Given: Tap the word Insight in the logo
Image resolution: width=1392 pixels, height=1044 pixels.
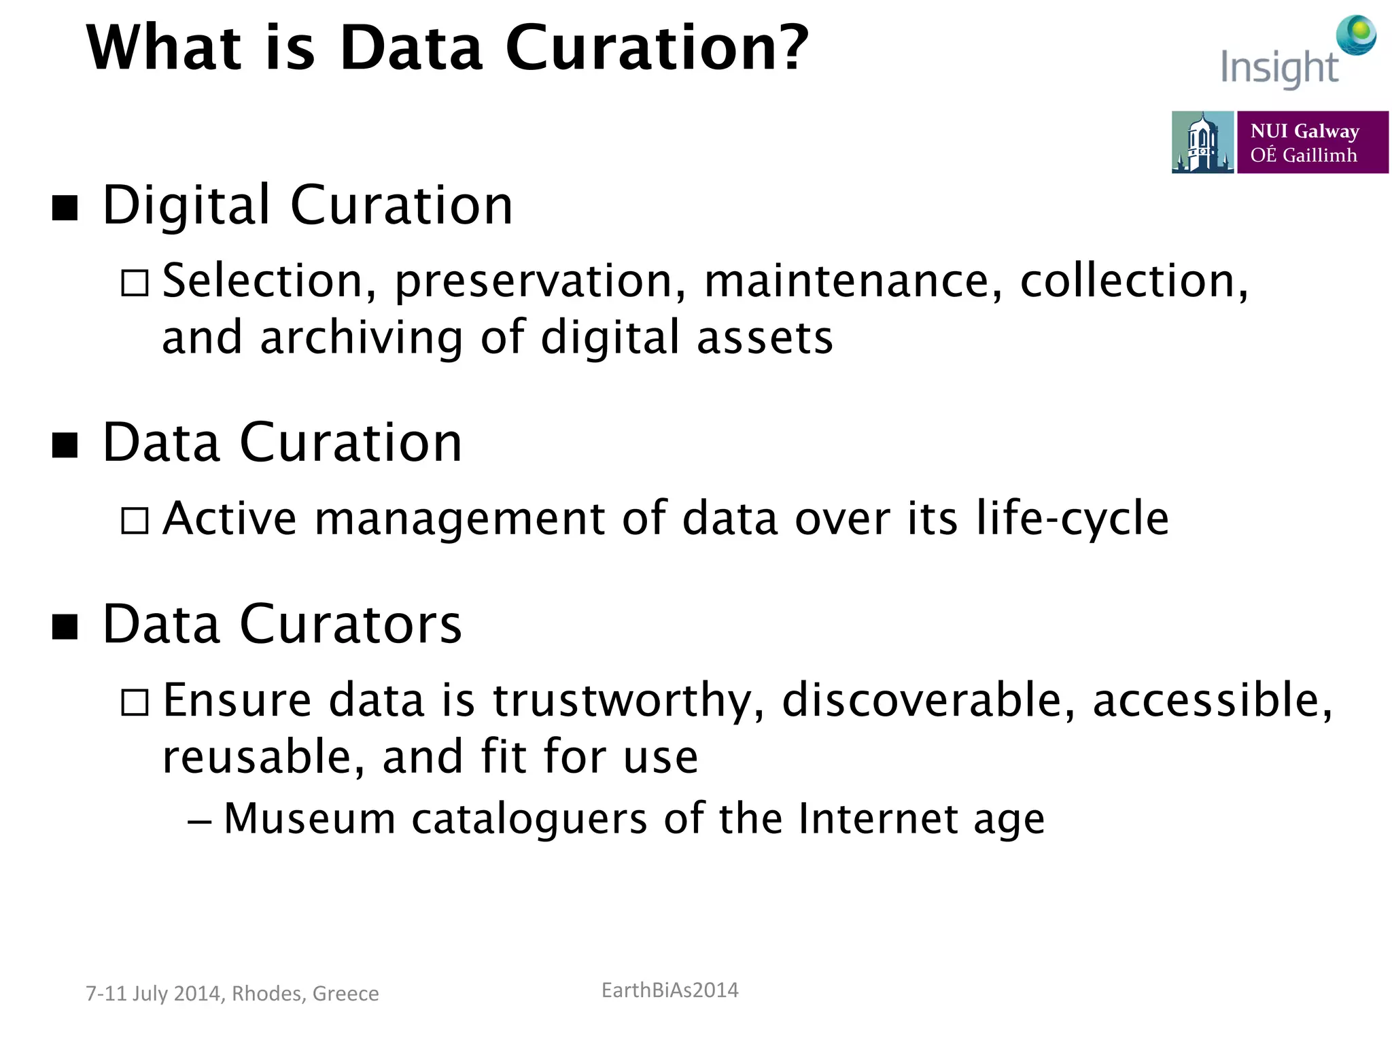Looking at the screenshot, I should tap(1278, 69).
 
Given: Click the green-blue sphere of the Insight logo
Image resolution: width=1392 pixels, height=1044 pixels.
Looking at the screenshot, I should tap(1356, 35).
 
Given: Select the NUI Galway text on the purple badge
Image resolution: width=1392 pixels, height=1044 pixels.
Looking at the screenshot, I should tap(1304, 130).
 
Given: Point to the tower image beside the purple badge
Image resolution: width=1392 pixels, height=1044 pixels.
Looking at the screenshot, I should tap(1202, 142).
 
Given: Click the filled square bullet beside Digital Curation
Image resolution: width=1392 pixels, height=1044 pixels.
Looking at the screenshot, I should tap(65, 207).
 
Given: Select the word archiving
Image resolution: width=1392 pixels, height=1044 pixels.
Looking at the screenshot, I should tap(361, 338).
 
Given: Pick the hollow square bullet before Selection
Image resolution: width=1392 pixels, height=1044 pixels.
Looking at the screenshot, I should tap(135, 282).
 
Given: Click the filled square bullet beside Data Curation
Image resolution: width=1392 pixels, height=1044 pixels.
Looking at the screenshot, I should tap(65, 445).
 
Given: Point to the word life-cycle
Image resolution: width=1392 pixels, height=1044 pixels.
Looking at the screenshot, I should tap(1072, 519).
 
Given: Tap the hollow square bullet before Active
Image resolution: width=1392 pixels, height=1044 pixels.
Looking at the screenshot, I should tap(135, 521).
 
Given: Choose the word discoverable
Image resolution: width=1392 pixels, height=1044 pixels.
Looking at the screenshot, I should tap(928, 700).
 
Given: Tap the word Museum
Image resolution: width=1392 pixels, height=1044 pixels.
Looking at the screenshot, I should tap(310, 818).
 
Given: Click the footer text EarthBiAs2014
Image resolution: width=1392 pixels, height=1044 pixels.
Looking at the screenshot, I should tap(669, 990).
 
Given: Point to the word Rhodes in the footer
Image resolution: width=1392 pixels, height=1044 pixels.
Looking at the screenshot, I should tap(266, 994).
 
